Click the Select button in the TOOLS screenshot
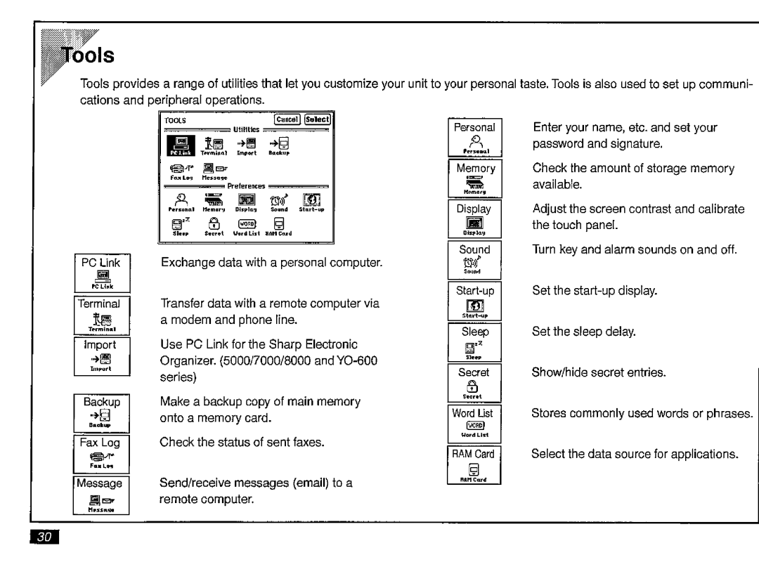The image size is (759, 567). (x=317, y=119)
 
